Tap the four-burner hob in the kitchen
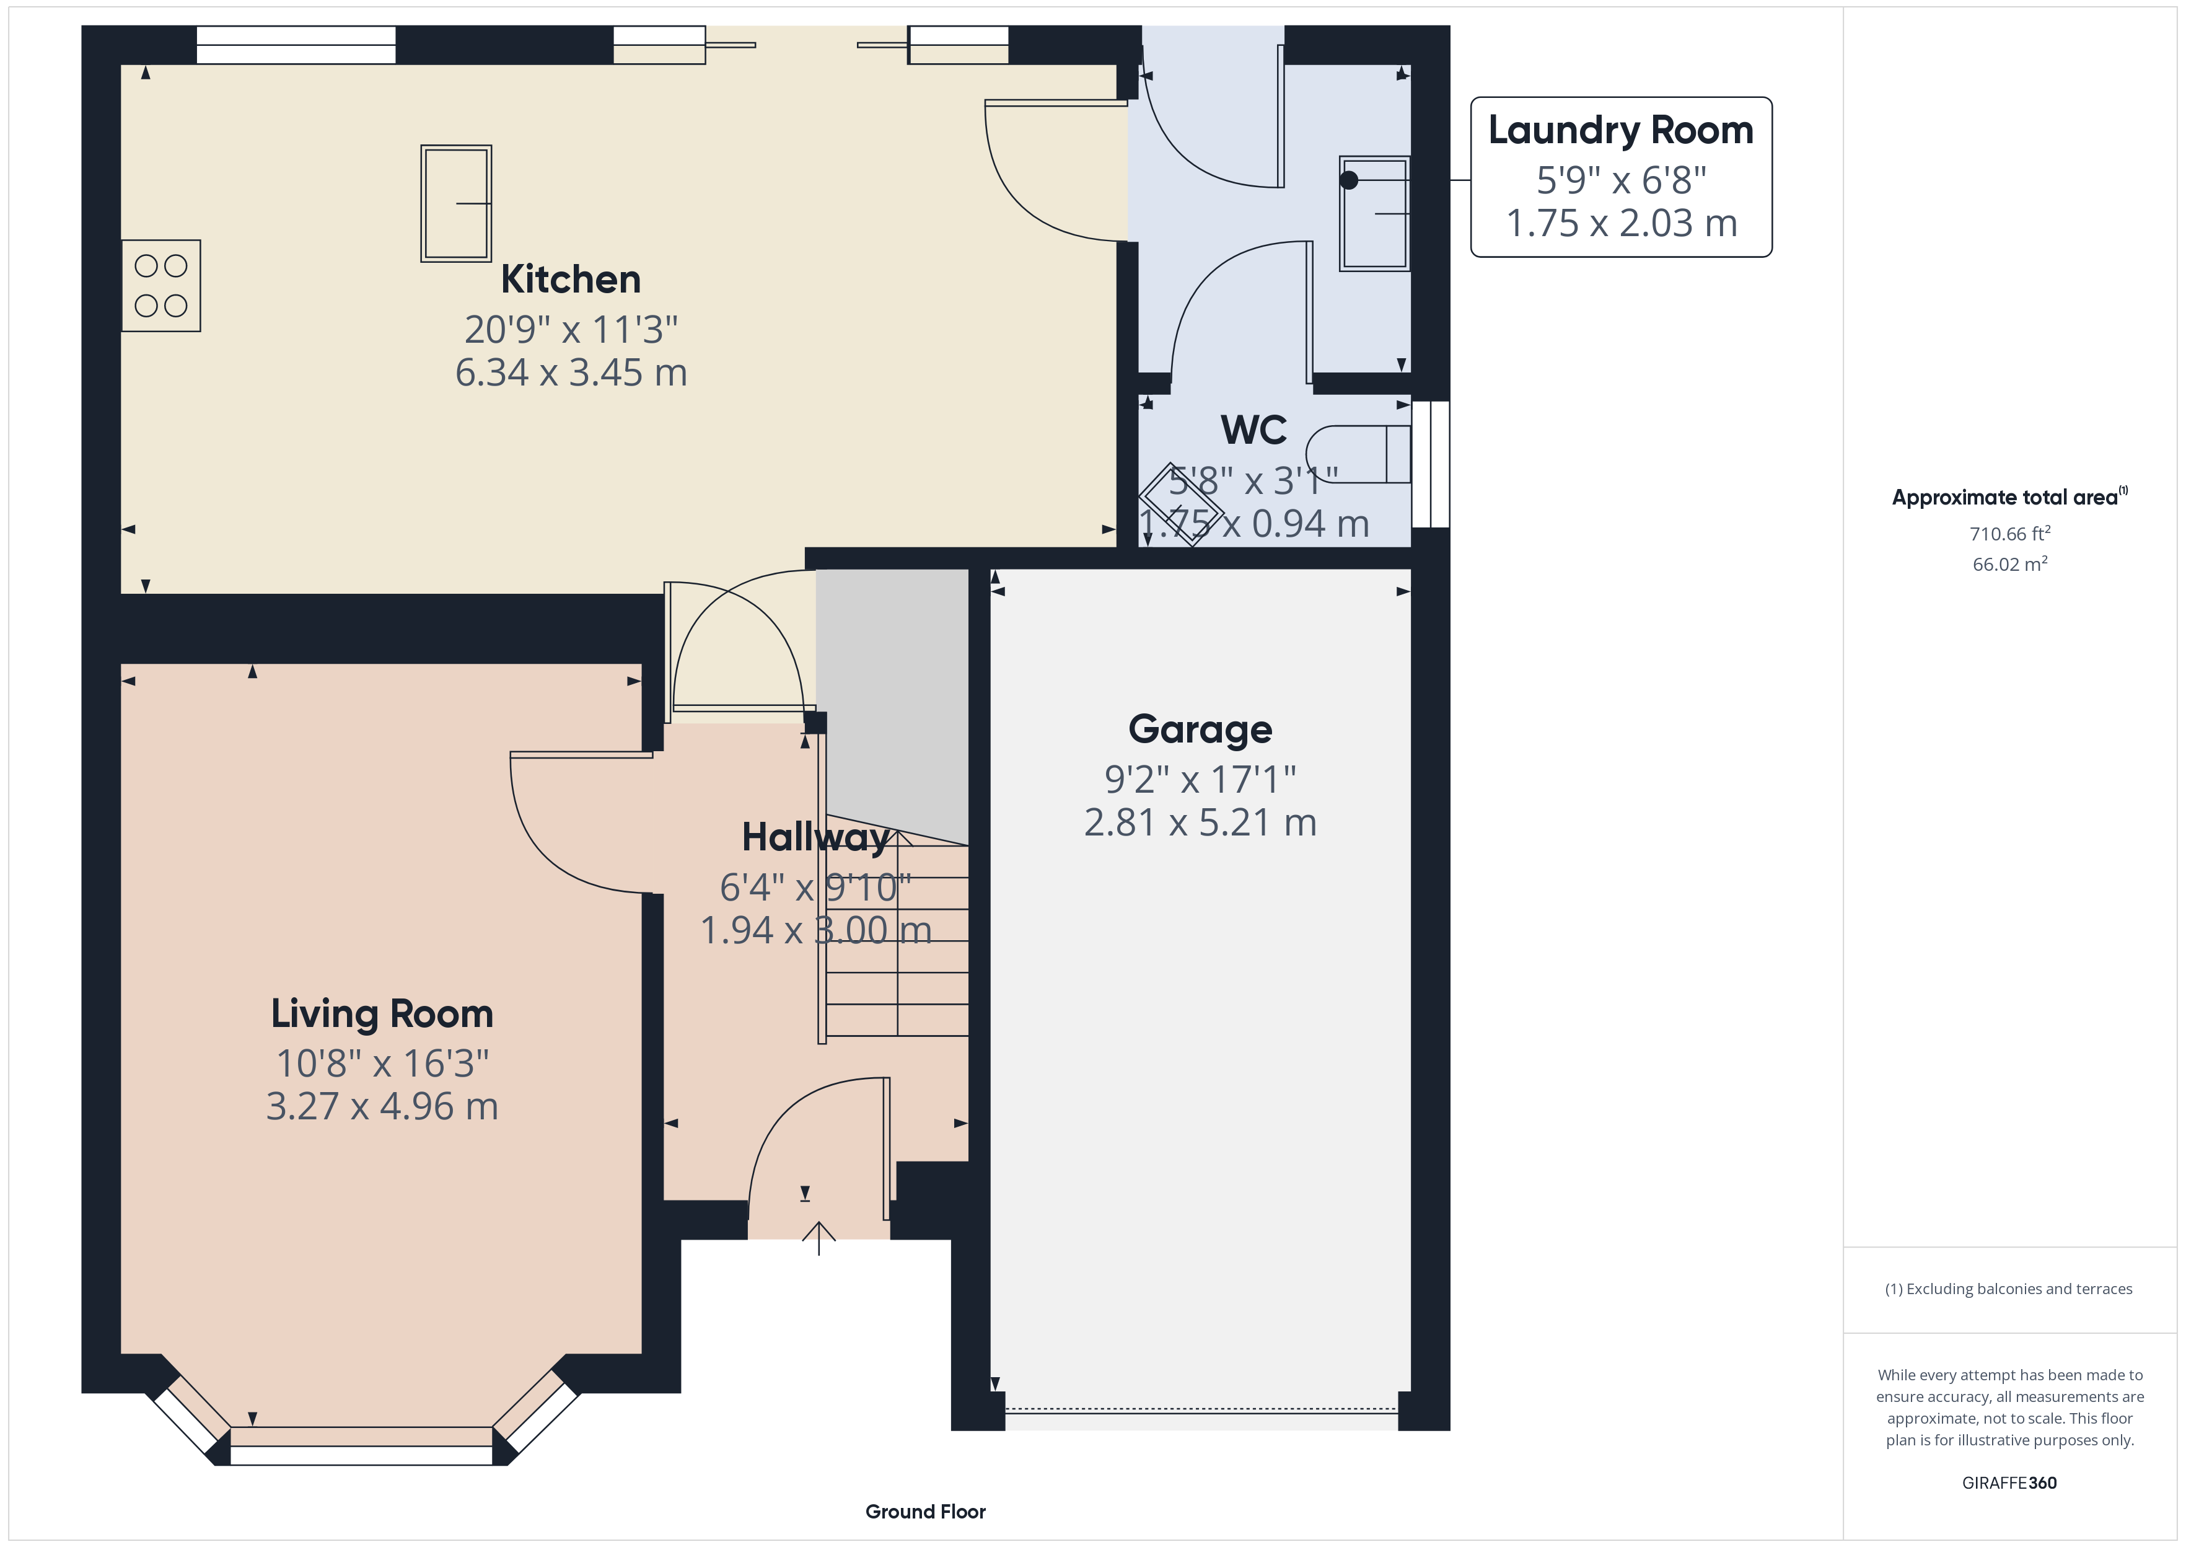161,286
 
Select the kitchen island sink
456,203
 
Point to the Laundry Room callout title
1620,130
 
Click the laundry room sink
1374,213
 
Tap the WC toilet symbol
1358,454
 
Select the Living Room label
382,1013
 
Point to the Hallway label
816,837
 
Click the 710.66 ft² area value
2010,534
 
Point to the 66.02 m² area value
2010,564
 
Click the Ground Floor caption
926,1511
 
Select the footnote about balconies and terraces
2009,1289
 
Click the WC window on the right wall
1431,464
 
